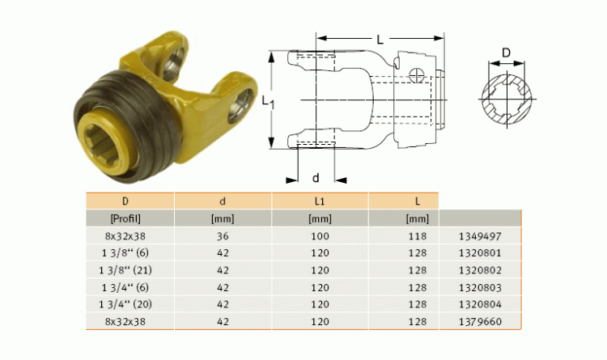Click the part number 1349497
tap(480, 236)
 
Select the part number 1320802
tap(480, 270)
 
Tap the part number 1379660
tap(480, 321)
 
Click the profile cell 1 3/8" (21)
tap(125, 270)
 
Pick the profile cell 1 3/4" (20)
tap(125, 304)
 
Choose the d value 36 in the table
tap(223, 236)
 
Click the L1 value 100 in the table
tap(320, 236)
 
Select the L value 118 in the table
tap(418, 236)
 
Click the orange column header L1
tap(320, 201)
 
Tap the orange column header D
tap(125, 201)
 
